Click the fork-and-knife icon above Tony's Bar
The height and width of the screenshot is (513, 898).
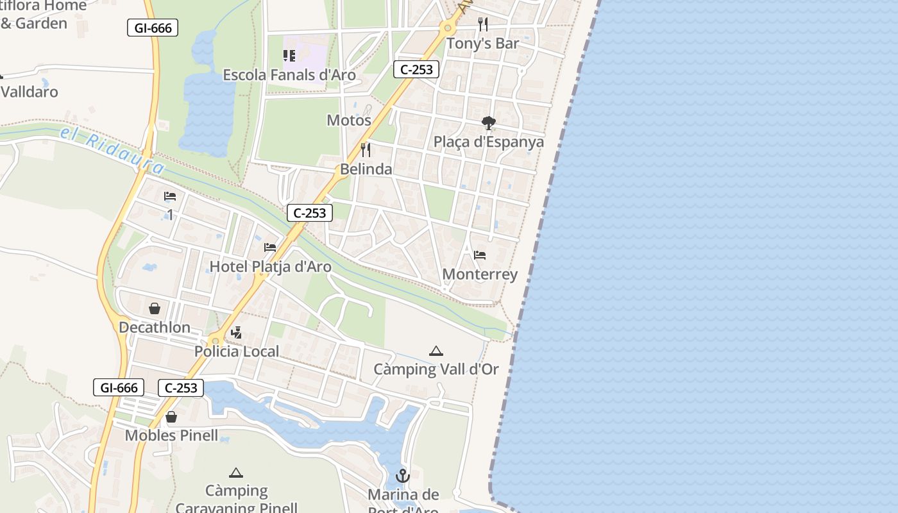[483, 24]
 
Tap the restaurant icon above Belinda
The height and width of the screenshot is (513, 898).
[366, 150]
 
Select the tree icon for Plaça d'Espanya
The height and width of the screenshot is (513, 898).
[489, 122]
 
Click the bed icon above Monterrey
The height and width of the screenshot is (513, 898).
[480, 255]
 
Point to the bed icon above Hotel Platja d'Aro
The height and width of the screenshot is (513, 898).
[270, 247]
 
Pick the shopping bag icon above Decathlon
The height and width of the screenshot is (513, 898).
[155, 308]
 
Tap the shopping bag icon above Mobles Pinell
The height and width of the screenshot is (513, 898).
[171, 417]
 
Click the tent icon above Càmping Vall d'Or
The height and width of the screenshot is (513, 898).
[436, 351]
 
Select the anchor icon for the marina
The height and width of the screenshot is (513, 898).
[403, 476]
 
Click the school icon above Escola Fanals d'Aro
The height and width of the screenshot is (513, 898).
[289, 56]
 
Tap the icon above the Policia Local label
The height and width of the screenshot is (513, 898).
[237, 332]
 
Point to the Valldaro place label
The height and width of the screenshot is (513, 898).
[30, 92]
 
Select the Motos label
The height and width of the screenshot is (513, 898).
[349, 121]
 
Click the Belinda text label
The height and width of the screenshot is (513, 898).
[366, 169]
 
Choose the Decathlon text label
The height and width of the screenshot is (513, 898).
[155, 328]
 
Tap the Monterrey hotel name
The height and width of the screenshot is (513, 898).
[480, 274]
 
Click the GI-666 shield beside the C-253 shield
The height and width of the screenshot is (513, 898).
[119, 387]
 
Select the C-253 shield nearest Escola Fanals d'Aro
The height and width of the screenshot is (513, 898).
[416, 69]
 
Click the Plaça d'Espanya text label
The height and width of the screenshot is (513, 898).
[489, 142]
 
